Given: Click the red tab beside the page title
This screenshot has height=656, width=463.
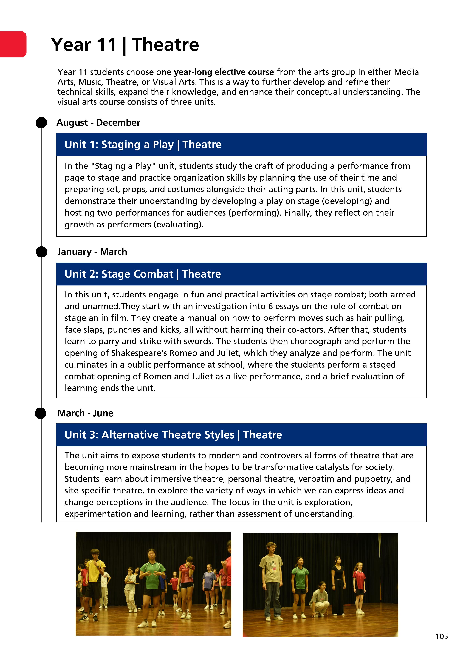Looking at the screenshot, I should pyautogui.click(x=13, y=44).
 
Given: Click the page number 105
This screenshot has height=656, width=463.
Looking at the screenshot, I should pyautogui.click(x=441, y=636).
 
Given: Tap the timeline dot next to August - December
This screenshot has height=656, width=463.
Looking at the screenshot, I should pyautogui.click(x=41, y=123).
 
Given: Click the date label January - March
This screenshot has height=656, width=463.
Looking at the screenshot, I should pyautogui.click(x=92, y=252).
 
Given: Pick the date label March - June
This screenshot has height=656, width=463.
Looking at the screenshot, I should pyautogui.click(x=85, y=413).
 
